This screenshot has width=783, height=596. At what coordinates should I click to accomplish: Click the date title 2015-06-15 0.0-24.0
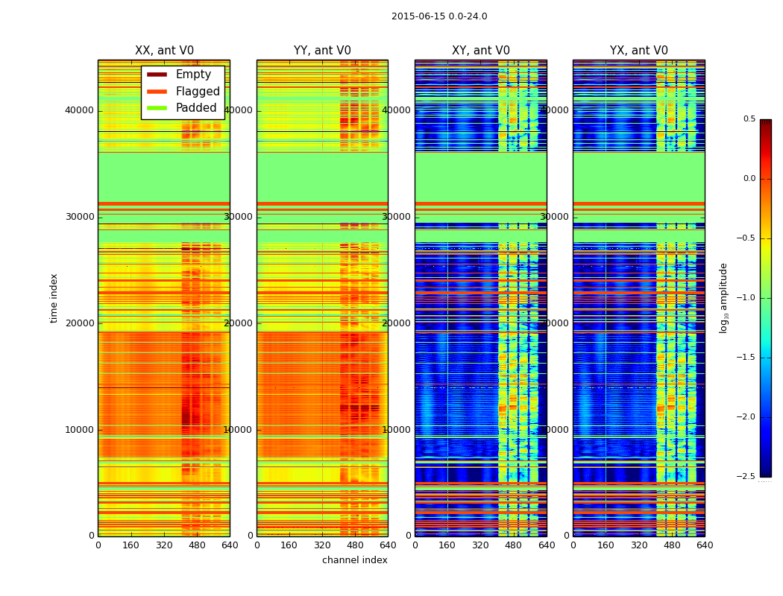pyautogui.click(x=439, y=16)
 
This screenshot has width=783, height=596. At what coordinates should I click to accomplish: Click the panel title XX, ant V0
pyautogui.click(x=164, y=51)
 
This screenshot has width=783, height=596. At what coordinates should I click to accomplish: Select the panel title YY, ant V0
pyautogui.click(x=322, y=51)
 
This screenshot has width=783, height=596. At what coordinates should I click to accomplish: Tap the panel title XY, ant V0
pyautogui.click(x=481, y=51)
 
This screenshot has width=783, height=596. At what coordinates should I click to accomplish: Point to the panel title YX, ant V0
pyautogui.click(x=639, y=51)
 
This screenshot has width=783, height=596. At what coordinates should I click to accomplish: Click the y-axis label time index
pyautogui.click(x=54, y=298)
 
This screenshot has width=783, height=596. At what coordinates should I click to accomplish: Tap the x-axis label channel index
pyautogui.click(x=355, y=560)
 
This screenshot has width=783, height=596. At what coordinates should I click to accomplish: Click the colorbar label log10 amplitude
pyautogui.click(x=723, y=298)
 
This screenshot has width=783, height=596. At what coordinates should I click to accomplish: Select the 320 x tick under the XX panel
pyautogui.click(x=164, y=545)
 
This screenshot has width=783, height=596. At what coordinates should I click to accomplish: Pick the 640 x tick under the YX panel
pyautogui.click(x=705, y=545)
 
